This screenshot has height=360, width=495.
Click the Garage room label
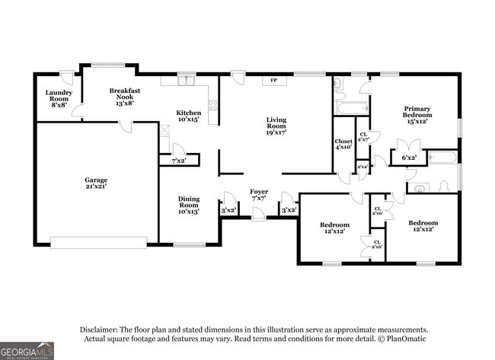pyautogui.click(x=96, y=183)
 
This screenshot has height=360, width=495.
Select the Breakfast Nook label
pyautogui.click(x=124, y=95)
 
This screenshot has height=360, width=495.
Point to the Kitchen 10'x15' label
pyautogui.click(x=189, y=116)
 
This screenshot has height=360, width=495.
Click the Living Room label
pyautogui.click(x=276, y=125)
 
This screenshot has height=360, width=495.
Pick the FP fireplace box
pyautogui.click(x=273, y=80)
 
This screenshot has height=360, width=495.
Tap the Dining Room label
pyautogui.click(x=189, y=205)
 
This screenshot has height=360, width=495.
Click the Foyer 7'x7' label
pyautogui.click(x=260, y=196)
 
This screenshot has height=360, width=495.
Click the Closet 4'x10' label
pyautogui.click(x=343, y=144)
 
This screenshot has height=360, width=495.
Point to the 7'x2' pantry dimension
pyautogui.click(x=179, y=161)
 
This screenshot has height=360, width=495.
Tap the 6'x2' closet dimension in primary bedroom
pyautogui.click(x=409, y=158)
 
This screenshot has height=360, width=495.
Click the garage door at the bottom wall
pyautogui.click(x=98, y=242)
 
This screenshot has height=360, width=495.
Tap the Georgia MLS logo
pyautogui.click(x=27, y=351)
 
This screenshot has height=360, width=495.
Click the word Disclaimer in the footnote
pyautogui.click(x=101, y=329)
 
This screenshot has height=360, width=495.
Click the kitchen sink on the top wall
pyautogui.click(x=186, y=80)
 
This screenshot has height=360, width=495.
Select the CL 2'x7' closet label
pyautogui.click(x=363, y=137)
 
